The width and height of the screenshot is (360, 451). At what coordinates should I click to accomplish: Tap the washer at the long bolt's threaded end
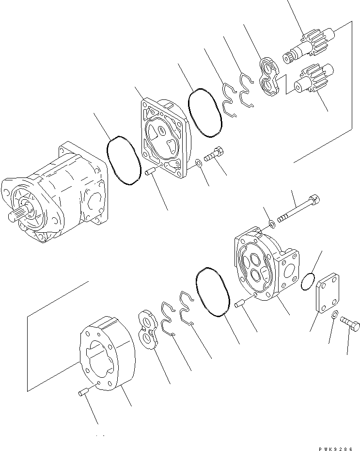(271, 224)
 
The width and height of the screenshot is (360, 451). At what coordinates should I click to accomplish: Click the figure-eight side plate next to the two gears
(268, 77)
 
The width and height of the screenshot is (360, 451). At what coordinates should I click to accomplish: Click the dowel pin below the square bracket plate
(151, 171)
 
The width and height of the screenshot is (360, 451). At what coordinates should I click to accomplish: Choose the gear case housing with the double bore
(107, 351)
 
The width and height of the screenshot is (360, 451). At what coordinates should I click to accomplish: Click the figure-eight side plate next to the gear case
(149, 329)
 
